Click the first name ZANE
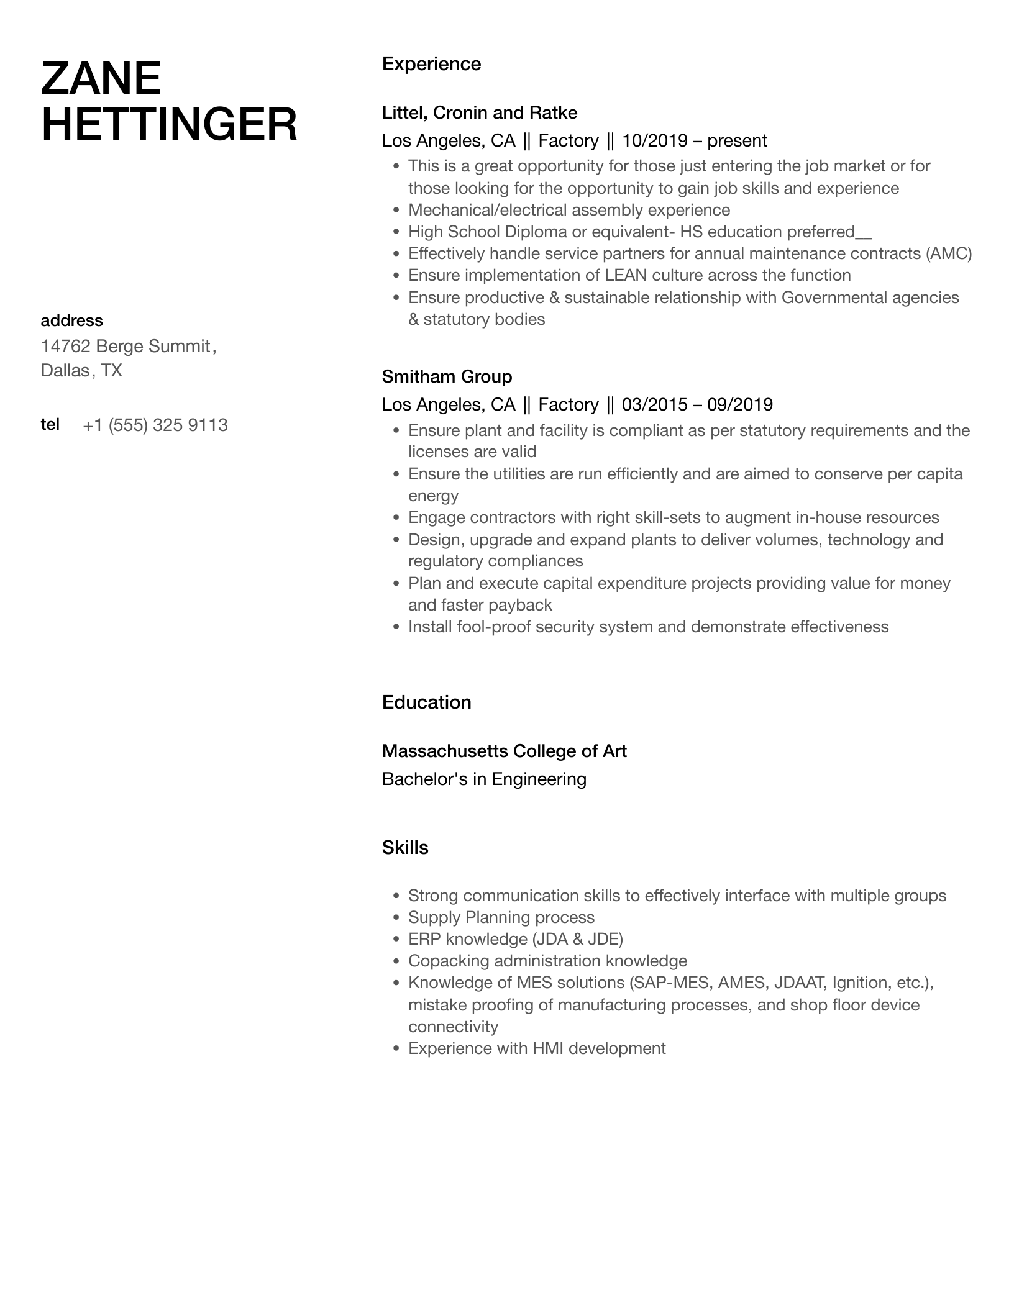pyautogui.click(x=101, y=79)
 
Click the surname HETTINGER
pyautogui.click(x=169, y=124)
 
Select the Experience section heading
pyautogui.click(x=431, y=64)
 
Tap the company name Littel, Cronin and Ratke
pyautogui.click(x=480, y=112)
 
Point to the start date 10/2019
pyautogui.click(x=654, y=141)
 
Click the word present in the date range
pyautogui.click(x=737, y=141)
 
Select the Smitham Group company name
pyautogui.click(x=447, y=376)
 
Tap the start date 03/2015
pyautogui.click(x=654, y=405)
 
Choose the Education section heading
pyautogui.click(x=426, y=702)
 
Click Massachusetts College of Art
pyautogui.click(x=504, y=751)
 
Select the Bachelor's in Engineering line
pyautogui.click(x=484, y=779)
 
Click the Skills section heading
pyautogui.click(x=405, y=848)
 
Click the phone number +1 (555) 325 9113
pyautogui.click(x=155, y=425)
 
